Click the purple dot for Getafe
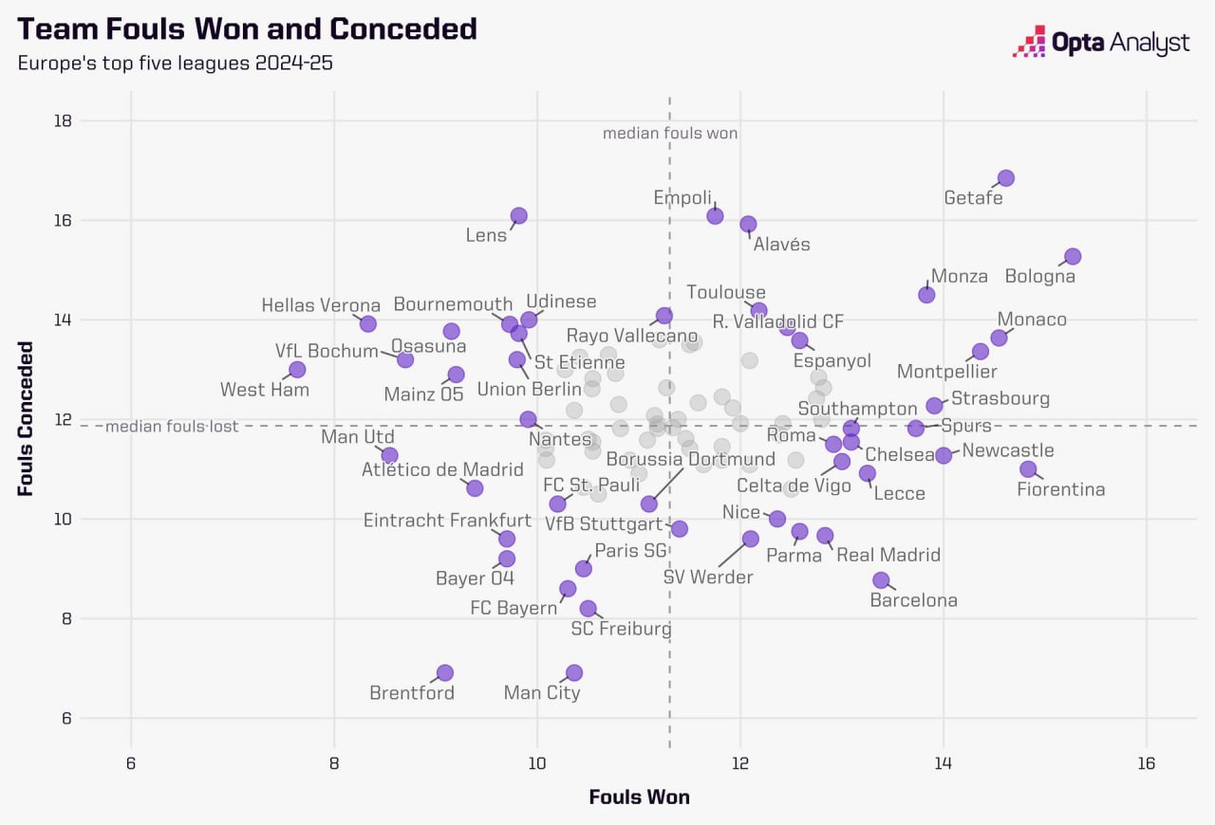(x=1006, y=178)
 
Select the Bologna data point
(x=1073, y=257)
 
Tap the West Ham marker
(x=297, y=369)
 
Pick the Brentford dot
(x=444, y=672)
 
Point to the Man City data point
(x=573, y=672)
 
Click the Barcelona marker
(x=881, y=579)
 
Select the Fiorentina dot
(x=1028, y=469)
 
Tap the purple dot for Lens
(x=518, y=216)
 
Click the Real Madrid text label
(x=888, y=555)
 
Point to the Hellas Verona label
(x=321, y=305)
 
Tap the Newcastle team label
(x=1008, y=450)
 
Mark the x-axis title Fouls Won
(x=639, y=797)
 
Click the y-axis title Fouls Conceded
(x=26, y=419)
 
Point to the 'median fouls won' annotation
(x=670, y=134)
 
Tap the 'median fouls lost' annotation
(x=172, y=427)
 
